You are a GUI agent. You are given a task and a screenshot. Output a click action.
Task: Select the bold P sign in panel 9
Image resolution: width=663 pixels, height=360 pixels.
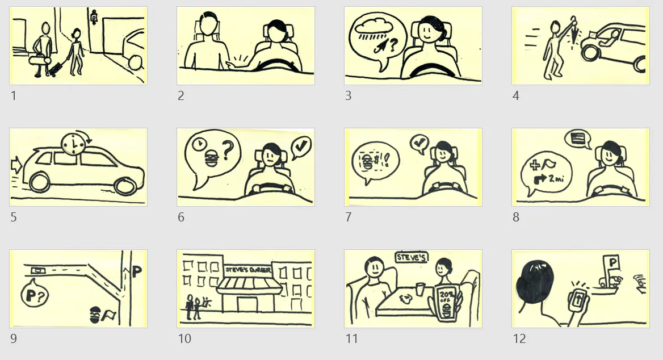click(137, 271)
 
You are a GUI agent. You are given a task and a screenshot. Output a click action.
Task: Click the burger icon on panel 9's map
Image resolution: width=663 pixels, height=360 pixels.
click(96, 314)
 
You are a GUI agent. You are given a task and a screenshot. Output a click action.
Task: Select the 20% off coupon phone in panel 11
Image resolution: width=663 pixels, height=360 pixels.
click(447, 305)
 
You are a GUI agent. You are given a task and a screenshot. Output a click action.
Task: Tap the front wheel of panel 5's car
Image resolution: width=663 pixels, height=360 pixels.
click(123, 185)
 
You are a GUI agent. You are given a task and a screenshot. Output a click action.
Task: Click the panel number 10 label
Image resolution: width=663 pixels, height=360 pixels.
click(184, 339)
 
